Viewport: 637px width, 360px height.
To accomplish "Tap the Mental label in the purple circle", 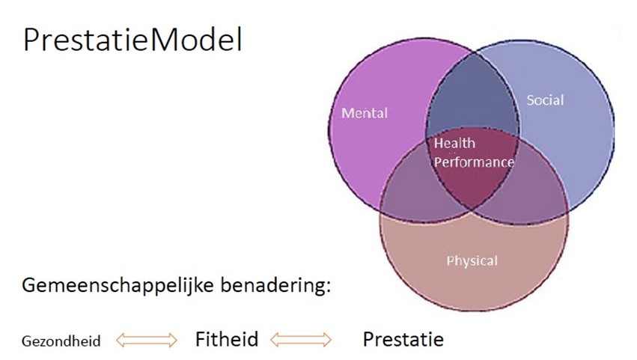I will click(x=365, y=114).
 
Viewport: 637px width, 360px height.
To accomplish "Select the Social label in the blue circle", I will click(x=544, y=100).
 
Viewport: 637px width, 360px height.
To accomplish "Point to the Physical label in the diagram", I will click(x=472, y=260).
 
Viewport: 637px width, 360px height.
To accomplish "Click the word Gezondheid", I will click(x=61, y=341).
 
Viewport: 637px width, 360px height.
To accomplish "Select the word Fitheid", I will click(x=227, y=340).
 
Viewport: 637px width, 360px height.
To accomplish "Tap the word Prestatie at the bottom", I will click(x=403, y=340).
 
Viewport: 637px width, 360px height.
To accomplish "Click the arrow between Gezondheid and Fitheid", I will click(x=147, y=341).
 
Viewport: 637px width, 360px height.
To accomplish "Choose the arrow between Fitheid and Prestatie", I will click(x=300, y=341).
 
